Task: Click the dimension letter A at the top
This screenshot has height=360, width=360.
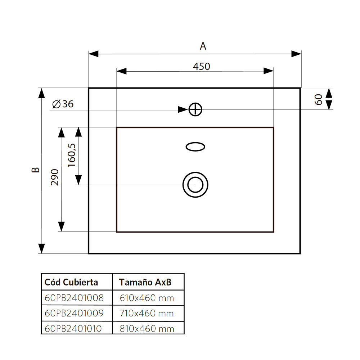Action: (x=203, y=46)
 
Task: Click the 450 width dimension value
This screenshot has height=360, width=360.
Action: (x=201, y=67)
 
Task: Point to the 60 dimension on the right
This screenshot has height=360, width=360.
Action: (x=318, y=99)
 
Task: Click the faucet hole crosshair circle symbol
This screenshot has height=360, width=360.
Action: (x=195, y=109)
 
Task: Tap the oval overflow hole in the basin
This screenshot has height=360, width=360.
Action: (x=195, y=147)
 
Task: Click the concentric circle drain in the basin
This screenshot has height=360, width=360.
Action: (x=195, y=185)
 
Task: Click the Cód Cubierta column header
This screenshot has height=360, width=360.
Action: (x=71, y=282)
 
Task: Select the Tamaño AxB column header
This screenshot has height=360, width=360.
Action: (x=145, y=282)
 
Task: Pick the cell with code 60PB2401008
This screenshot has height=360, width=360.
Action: (x=74, y=298)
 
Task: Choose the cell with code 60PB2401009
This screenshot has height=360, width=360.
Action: (x=74, y=313)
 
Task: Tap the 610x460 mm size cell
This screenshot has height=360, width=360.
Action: (x=147, y=298)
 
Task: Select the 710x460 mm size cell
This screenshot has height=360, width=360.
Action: (x=147, y=313)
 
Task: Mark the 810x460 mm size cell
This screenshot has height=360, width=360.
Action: (x=147, y=328)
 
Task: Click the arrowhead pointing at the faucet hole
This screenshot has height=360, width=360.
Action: (x=183, y=109)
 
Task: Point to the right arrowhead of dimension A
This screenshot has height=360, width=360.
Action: (x=296, y=54)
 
